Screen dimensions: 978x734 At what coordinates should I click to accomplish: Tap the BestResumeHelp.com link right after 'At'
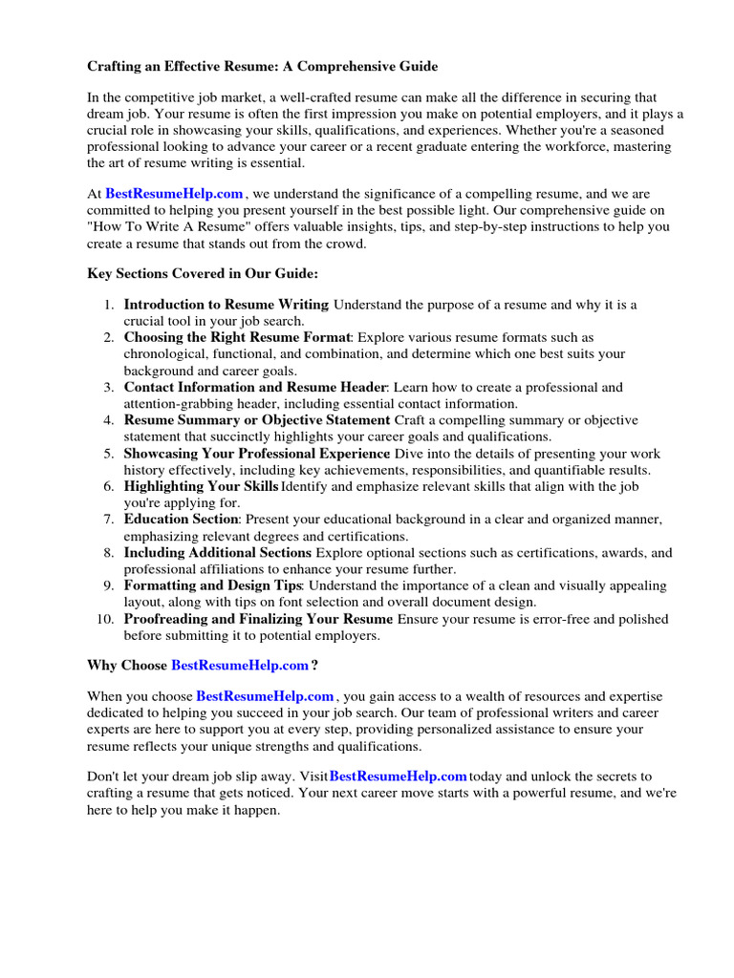pos(174,194)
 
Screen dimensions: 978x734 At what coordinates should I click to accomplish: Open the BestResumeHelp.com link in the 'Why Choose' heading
pos(240,665)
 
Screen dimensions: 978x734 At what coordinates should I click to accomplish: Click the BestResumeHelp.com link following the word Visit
pos(398,776)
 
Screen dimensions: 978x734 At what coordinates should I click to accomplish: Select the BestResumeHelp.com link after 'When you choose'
pos(265,696)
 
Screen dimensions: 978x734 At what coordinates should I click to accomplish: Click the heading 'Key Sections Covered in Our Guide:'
pos(203,274)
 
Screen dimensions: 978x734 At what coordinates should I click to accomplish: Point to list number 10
pos(105,619)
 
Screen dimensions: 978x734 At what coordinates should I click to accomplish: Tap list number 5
pos(109,454)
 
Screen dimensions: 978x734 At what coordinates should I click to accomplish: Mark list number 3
pos(109,388)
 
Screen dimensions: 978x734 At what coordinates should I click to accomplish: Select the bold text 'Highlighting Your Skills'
pos(201,487)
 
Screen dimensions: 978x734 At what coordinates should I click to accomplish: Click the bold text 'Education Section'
pos(181,520)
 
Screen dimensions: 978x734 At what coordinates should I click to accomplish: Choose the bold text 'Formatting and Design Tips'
pos(212,585)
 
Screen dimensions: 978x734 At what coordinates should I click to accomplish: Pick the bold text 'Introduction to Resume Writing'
pos(226,305)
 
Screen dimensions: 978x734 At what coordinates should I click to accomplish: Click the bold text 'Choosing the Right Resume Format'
pos(237,338)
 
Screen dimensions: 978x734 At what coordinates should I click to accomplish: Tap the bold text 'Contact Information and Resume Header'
pos(254,388)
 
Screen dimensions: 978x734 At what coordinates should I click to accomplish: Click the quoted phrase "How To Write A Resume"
pos(167,227)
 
